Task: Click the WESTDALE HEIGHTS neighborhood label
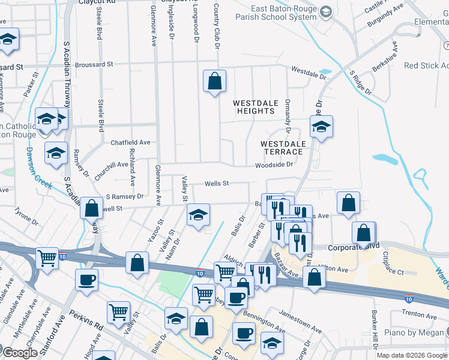[x=256, y=107]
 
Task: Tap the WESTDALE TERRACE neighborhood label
[x=283, y=148]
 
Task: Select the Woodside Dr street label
[x=274, y=165]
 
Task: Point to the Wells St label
[x=217, y=184]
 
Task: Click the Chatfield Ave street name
[x=130, y=143]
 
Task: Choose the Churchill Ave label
[x=107, y=164]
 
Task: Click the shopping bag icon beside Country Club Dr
[x=214, y=80]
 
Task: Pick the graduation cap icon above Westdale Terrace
[x=321, y=127]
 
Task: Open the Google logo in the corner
[x=19, y=352]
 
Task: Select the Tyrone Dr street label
[x=26, y=218]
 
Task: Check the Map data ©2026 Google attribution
[x=411, y=355]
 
